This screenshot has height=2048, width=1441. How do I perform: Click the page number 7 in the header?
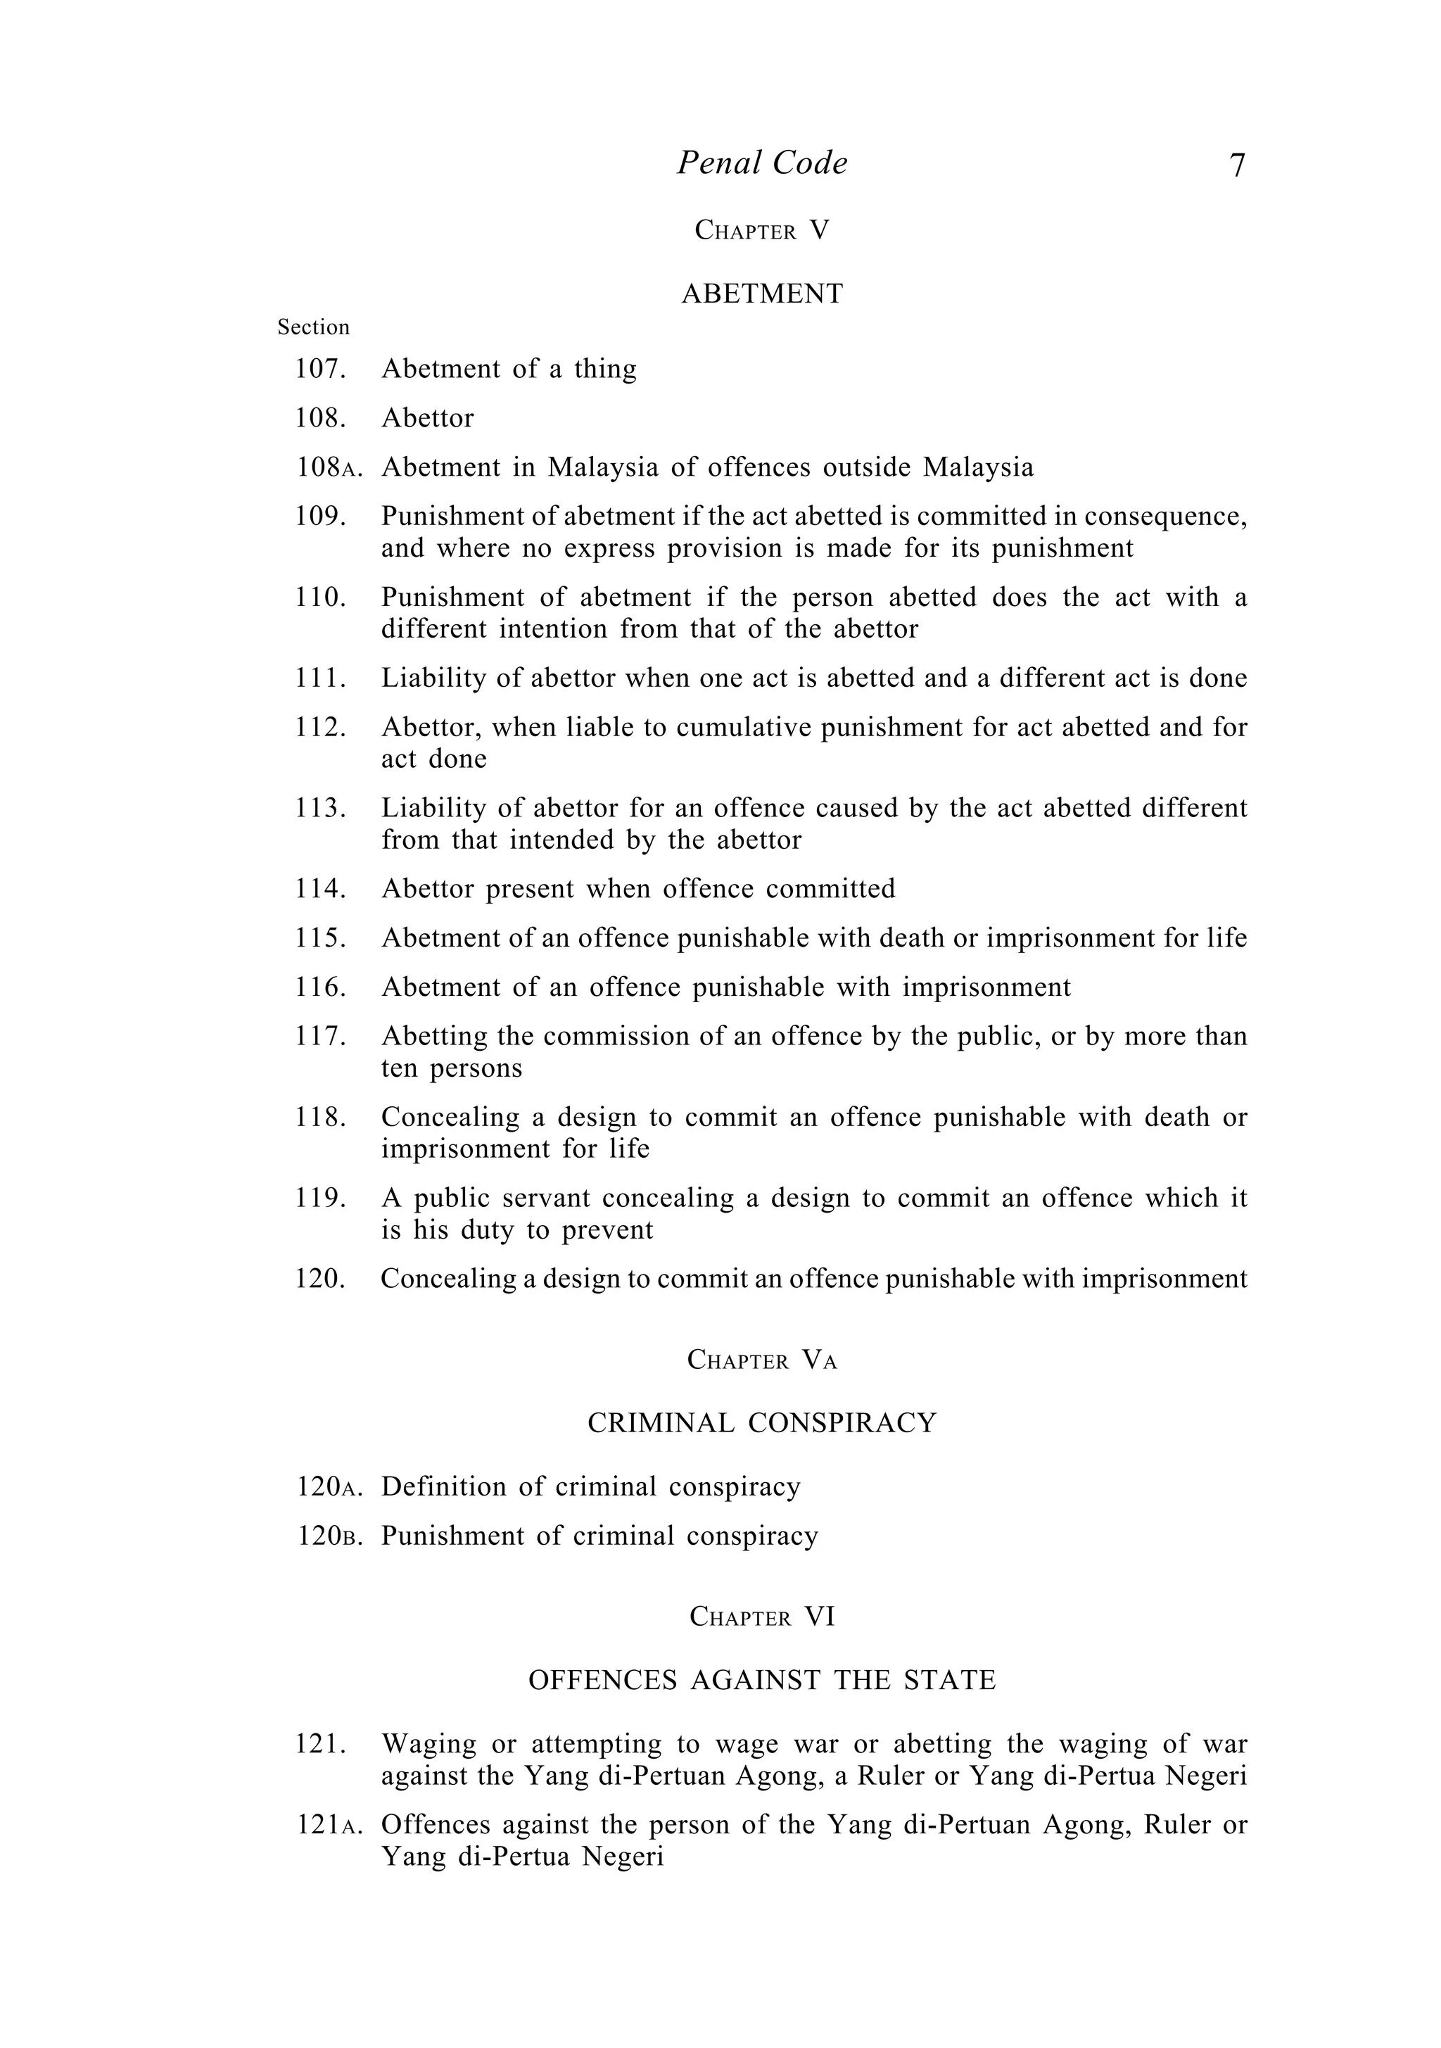coord(1236,166)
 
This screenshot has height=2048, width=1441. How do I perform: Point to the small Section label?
coord(313,327)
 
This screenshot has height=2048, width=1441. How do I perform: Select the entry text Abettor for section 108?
coord(427,418)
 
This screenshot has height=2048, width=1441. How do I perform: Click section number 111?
coord(320,679)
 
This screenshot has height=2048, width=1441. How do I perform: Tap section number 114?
coord(320,890)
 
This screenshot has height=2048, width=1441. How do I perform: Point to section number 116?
coord(320,987)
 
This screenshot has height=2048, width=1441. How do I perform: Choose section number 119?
coord(320,1198)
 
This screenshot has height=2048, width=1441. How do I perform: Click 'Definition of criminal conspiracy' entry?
coord(590,1487)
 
